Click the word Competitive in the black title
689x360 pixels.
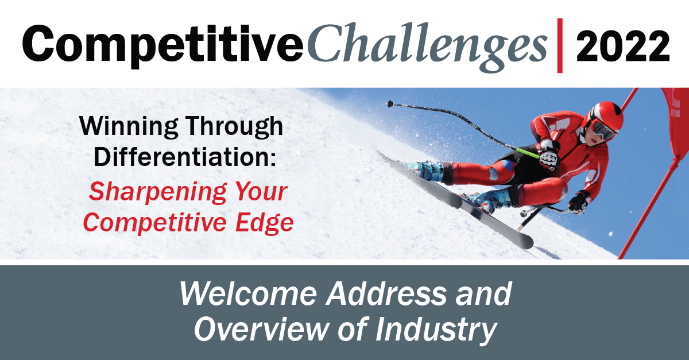163,45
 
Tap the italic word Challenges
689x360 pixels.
427,46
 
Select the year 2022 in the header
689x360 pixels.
623,46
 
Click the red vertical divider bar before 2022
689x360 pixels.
560,45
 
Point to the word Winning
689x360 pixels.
129,126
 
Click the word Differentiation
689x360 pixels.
184,157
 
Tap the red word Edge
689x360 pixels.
265,223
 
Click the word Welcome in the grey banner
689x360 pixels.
248,294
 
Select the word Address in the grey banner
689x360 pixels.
386,294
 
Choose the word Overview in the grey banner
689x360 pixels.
261,329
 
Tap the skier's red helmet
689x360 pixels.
605,115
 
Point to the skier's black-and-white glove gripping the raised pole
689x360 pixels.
549,154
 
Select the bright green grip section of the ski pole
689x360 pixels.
527,153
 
